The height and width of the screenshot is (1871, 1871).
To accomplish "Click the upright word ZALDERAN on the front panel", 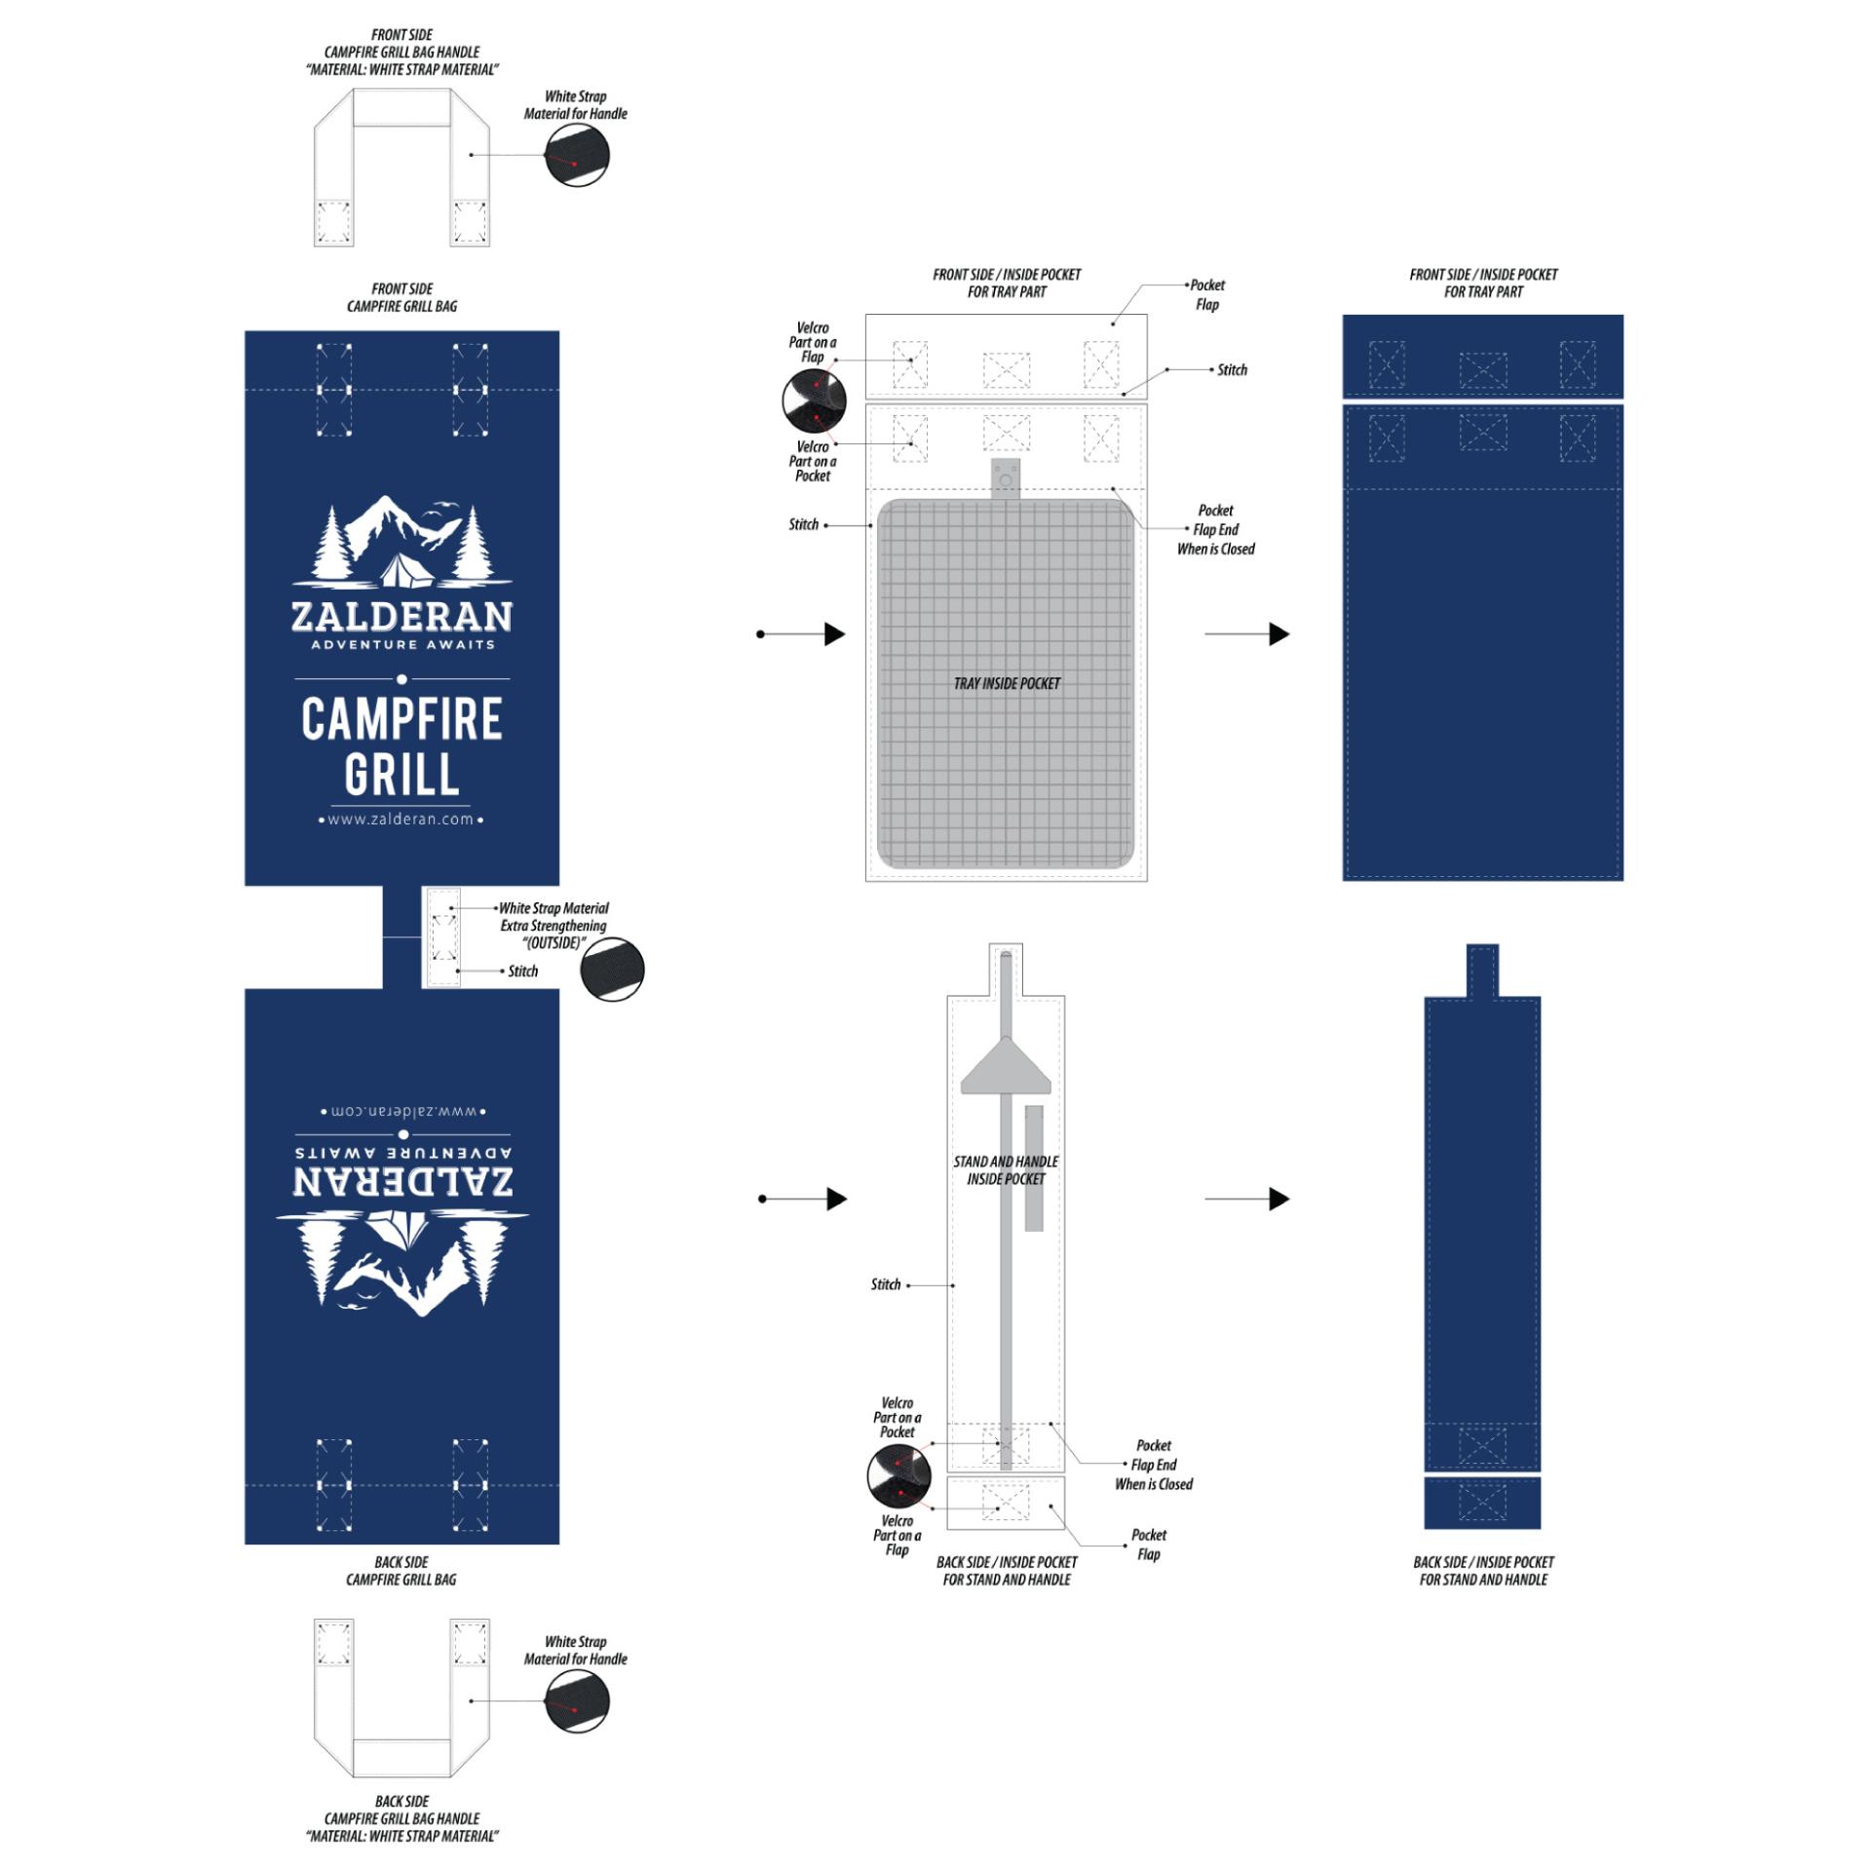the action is [x=401, y=616].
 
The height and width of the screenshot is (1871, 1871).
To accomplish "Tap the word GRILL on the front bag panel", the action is [x=401, y=775].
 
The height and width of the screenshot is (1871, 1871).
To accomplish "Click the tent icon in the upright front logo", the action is [x=406, y=571].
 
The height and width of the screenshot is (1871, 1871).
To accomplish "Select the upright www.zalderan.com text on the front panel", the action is [x=401, y=820].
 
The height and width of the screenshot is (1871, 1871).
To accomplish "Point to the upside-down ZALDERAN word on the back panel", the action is [x=402, y=1180].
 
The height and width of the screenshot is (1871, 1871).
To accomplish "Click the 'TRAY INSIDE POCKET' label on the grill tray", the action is [x=1007, y=683].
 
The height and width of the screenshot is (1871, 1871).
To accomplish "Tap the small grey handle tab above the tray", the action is [x=1006, y=478].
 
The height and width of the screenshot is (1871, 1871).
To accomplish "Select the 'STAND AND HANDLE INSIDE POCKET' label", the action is [x=1006, y=1169].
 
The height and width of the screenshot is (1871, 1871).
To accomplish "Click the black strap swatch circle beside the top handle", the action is [x=577, y=155].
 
